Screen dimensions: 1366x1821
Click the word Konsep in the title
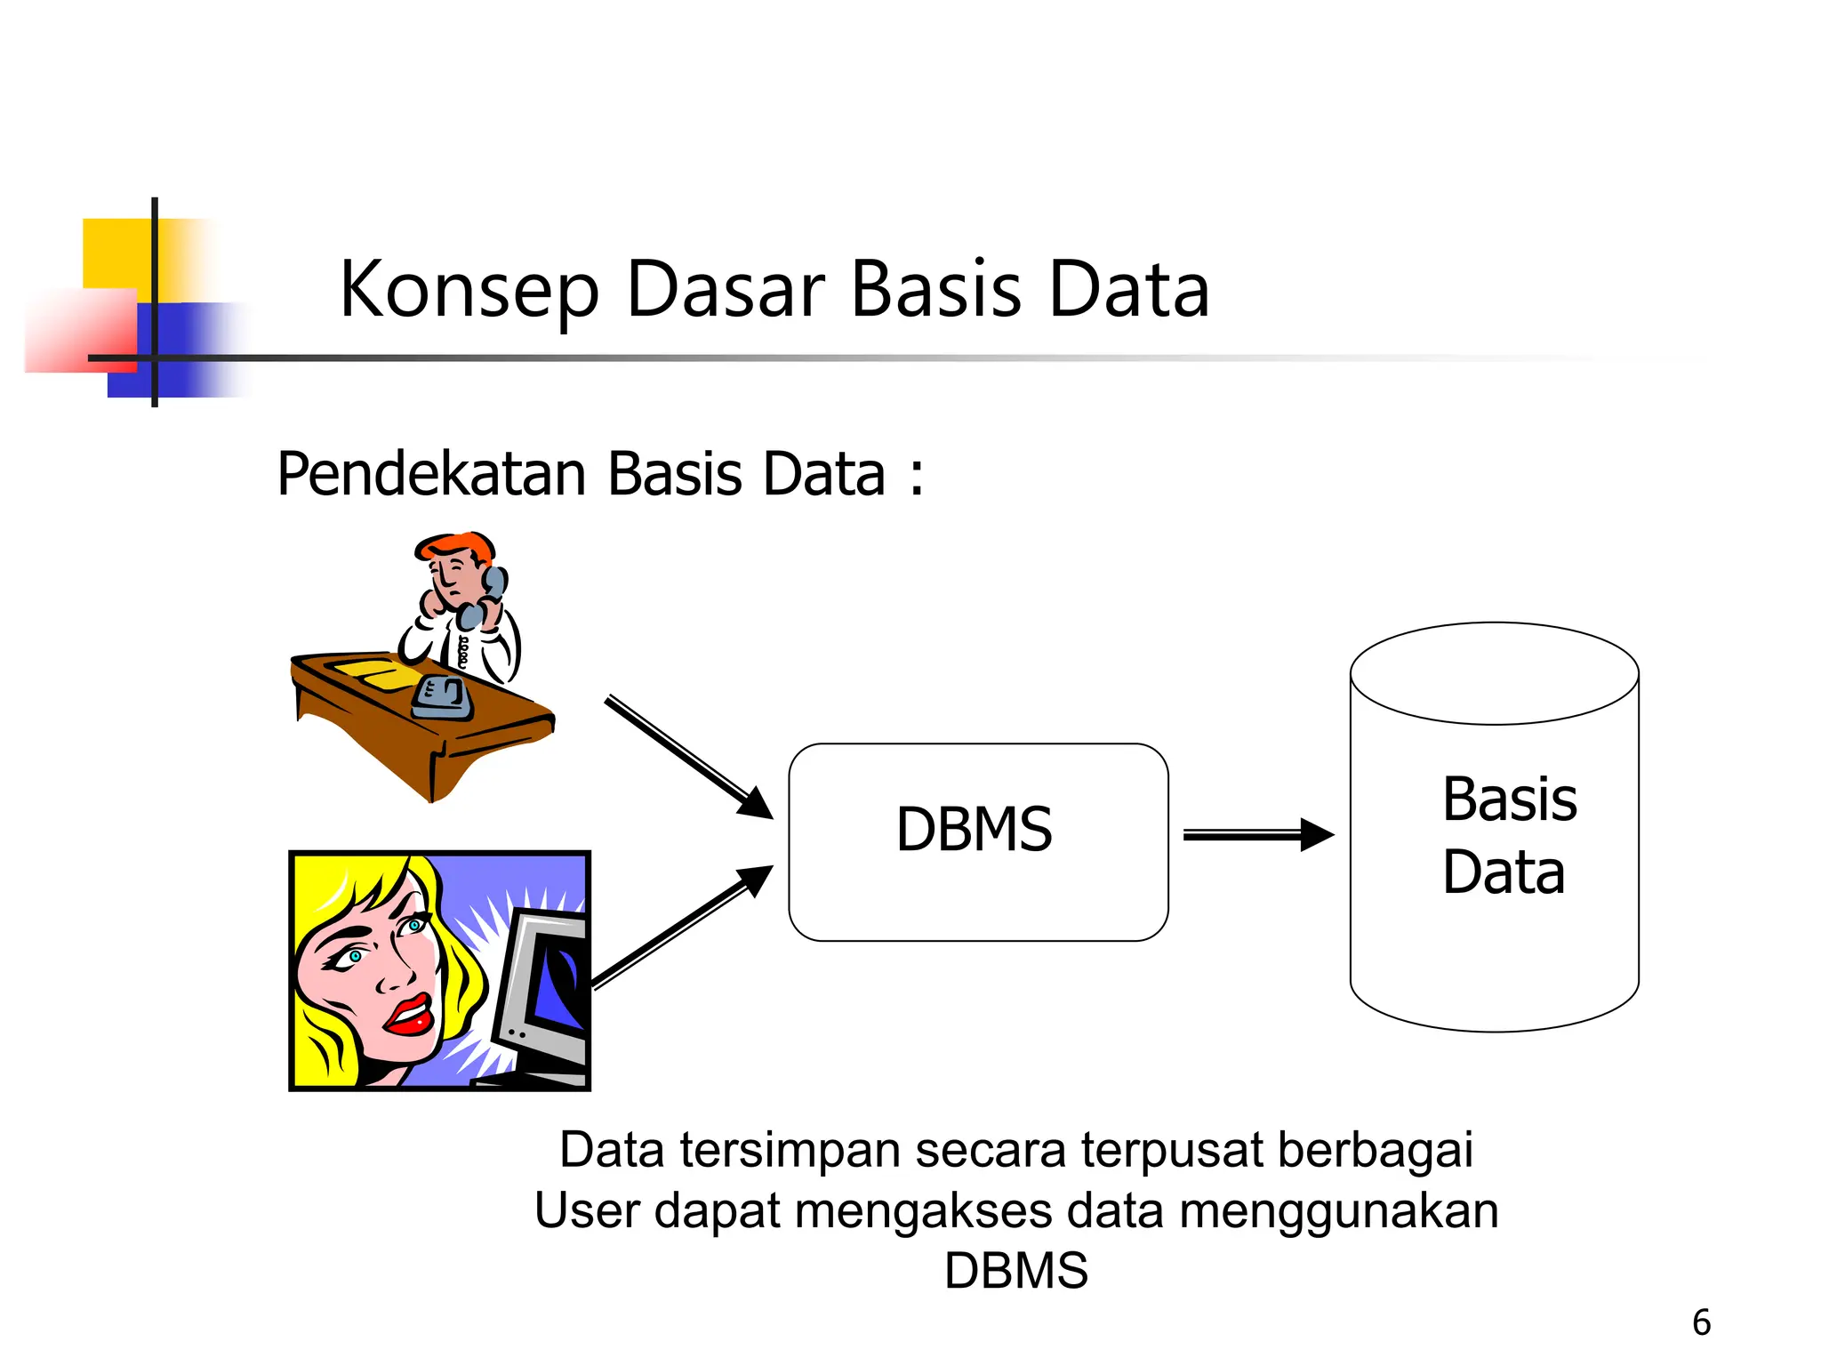coord(469,290)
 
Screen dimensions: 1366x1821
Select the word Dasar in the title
coord(726,290)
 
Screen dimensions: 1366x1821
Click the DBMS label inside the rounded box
coord(974,830)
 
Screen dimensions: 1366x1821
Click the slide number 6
coord(1701,1322)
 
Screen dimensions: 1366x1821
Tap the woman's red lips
coord(408,1016)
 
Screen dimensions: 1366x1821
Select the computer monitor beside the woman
coord(542,992)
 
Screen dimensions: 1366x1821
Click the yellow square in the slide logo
coord(116,253)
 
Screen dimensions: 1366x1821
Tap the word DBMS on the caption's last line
coord(1015,1270)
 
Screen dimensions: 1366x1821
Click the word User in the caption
coord(586,1211)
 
